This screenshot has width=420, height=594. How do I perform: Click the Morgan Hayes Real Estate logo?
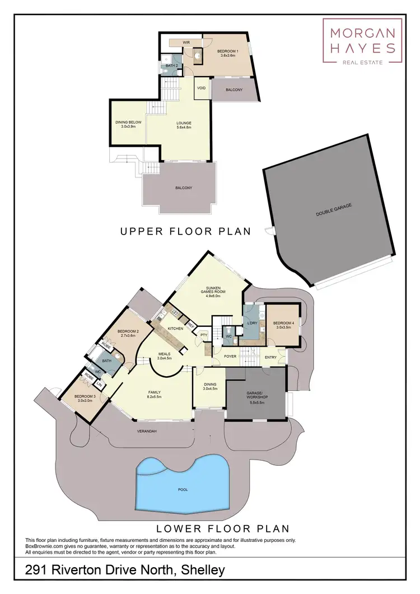362,41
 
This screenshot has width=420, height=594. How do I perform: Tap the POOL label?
183,489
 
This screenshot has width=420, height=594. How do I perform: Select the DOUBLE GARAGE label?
333,210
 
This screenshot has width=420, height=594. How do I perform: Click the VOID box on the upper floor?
201,88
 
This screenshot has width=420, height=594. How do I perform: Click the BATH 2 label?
171,66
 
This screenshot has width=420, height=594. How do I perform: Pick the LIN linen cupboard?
99,384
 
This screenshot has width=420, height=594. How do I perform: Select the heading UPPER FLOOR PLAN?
185,231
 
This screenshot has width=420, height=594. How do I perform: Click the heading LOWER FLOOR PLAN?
222,528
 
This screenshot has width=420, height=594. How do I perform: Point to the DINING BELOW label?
127,124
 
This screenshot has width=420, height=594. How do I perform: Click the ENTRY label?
270,357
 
